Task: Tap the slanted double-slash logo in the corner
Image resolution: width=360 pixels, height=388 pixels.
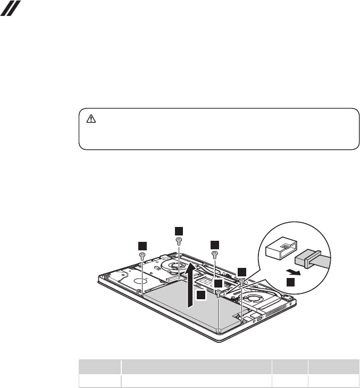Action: click(11, 8)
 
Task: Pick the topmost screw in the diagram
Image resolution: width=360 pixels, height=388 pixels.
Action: click(179, 240)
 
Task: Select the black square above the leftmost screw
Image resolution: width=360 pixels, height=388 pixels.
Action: click(142, 245)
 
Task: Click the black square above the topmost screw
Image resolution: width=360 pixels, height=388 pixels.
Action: click(179, 230)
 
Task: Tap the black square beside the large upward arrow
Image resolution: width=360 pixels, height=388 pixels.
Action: click(200, 294)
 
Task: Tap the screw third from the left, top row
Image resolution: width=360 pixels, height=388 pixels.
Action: click(214, 254)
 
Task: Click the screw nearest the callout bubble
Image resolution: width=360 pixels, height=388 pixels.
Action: click(242, 280)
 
